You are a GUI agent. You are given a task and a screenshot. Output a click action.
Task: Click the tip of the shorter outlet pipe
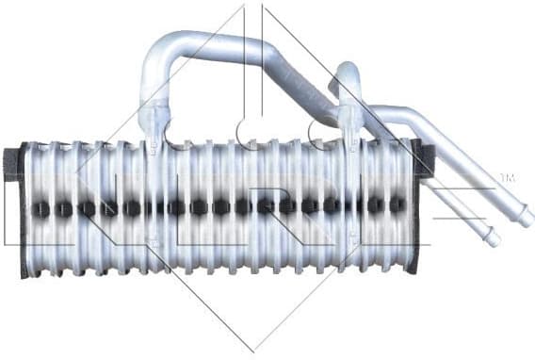(x=492, y=239)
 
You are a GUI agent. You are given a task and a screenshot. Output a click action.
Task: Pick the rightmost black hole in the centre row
(x=397, y=205)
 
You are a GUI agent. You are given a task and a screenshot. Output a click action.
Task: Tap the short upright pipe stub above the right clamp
(x=348, y=80)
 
